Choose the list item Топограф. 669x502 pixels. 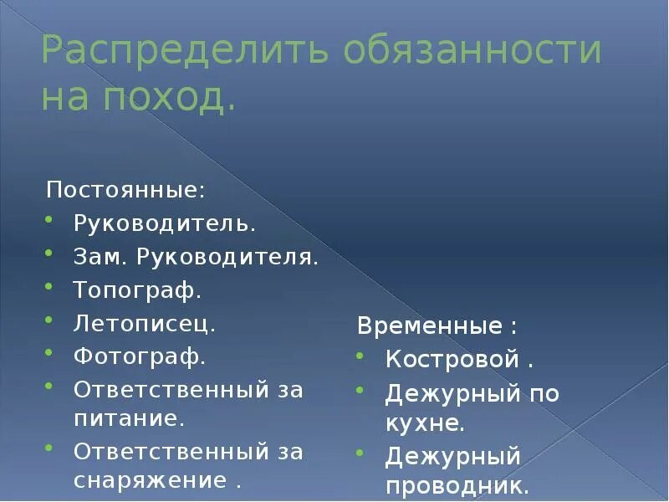[x=138, y=291]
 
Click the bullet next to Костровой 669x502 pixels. [x=360, y=357]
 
